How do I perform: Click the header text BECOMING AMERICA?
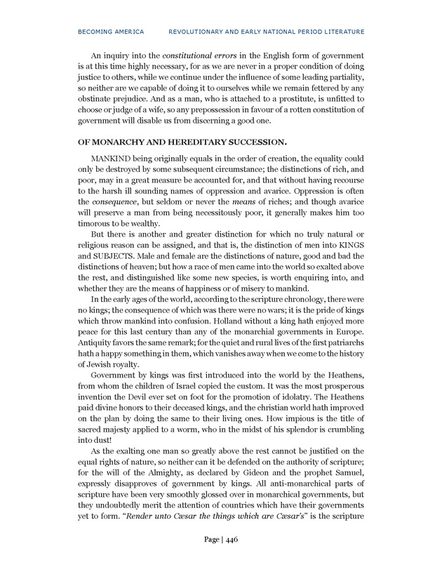point(112,32)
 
